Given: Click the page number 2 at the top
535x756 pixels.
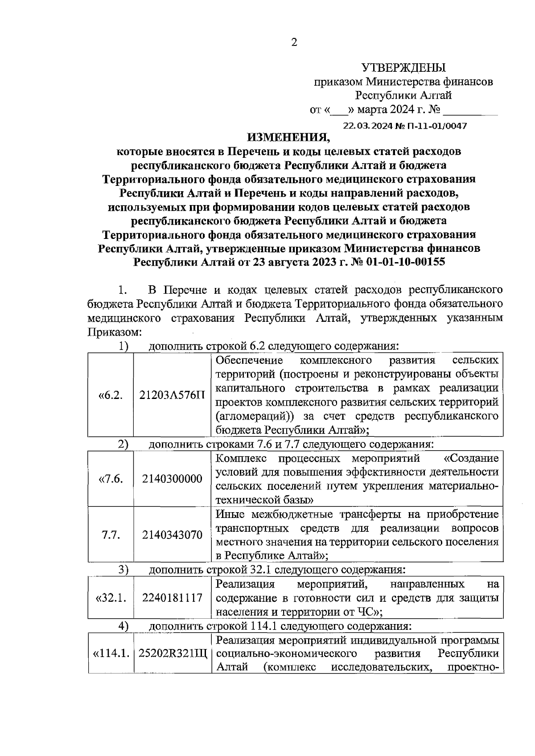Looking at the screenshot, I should pyautogui.click(x=294, y=43).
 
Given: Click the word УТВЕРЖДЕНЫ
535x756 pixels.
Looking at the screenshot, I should pyautogui.click(x=403, y=68).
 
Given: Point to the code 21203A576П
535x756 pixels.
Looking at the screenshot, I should pyautogui.click(x=173, y=395).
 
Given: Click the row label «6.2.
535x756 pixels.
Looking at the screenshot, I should pyautogui.click(x=111, y=395).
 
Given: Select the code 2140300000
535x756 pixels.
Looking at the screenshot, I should pyautogui.click(x=172, y=479).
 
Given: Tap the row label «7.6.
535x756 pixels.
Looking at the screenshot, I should pyautogui.click(x=111, y=479).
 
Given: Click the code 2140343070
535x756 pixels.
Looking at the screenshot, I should pyautogui.click(x=172, y=534).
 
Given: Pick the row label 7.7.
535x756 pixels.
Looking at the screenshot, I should pyautogui.click(x=111, y=534).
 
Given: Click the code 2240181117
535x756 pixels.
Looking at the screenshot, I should pyautogui.click(x=172, y=598).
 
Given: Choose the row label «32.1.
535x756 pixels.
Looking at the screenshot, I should pyautogui.click(x=111, y=598).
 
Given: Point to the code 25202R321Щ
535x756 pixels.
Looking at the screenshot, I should pyautogui.click(x=173, y=653).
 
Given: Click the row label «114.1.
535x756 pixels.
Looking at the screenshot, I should pyautogui.click(x=111, y=653).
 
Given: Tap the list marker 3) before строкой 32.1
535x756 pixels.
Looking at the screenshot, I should pyautogui.click(x=123, y=569).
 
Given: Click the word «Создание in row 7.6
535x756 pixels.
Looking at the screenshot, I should pyautogui.click(x=471, y=458).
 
